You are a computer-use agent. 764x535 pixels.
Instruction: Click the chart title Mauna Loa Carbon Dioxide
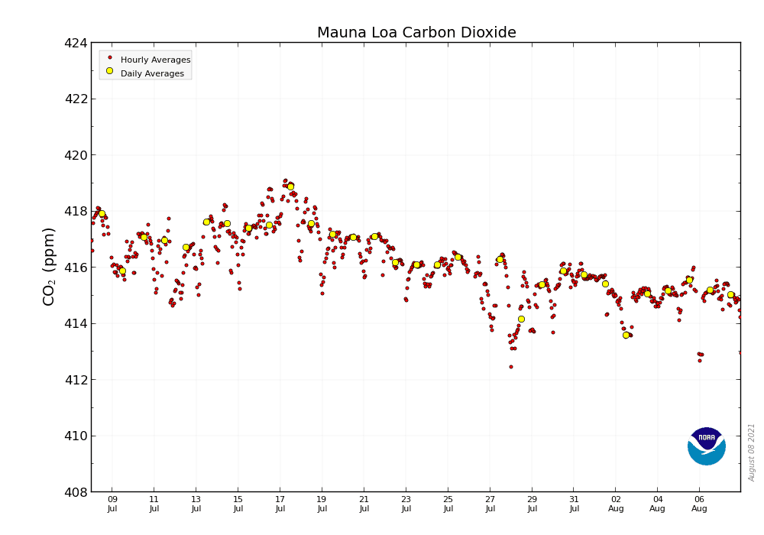coord(416,33)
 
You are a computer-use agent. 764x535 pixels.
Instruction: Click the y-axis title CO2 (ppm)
coord(49,266)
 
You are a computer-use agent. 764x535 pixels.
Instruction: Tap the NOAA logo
coord(706,446)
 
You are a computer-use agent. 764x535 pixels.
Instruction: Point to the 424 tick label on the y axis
coord(76,43)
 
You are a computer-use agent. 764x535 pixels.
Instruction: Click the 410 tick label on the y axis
coord(76,436)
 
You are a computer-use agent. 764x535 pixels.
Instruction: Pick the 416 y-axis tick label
coord(76,267)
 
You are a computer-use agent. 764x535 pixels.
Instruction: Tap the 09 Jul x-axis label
coord(112,503)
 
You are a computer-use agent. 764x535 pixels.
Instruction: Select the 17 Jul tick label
coord(280,503)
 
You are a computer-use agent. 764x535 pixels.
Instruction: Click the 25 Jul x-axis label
coord(448,503)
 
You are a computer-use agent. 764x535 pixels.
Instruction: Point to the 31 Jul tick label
coord(575,503)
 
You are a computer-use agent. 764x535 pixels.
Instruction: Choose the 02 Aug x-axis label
coord(616,503)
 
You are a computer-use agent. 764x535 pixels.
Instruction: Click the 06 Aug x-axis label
coord(700,503)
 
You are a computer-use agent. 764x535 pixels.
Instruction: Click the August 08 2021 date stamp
coord(752,452)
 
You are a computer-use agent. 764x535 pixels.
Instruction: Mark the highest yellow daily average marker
coord(290,186)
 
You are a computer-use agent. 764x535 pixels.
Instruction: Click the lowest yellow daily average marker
coord(626,335)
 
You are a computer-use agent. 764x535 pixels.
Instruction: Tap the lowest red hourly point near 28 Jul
coord(511,367)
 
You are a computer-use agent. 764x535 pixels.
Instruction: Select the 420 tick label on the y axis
coord(76,155)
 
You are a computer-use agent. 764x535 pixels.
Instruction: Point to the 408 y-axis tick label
coord(76,492)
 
